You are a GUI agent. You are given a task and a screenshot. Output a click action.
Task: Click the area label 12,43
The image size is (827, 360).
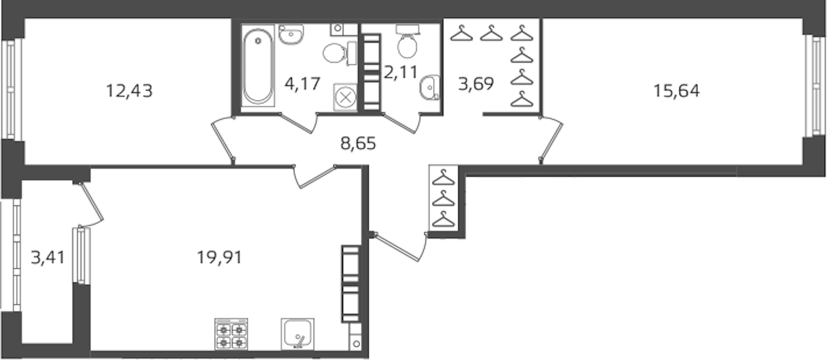pyautogui.click(x=129, y=91)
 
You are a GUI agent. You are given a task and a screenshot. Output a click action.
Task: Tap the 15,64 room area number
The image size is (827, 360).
pyautogui.click(x=676, y=91)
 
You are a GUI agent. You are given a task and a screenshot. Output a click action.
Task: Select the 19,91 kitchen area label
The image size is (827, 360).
pyautogui.click(x=219, y=257)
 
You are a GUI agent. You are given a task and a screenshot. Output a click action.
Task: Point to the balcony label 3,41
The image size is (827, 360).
pyautogui.click(x=48, y=257)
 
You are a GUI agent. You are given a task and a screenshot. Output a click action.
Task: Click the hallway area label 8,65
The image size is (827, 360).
pyautogui.click(x=358, y=143)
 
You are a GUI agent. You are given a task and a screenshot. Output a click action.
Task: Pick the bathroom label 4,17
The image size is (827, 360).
pyautogui.click(x=302, y=84)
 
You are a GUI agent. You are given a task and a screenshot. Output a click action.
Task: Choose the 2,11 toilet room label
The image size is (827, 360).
pyautogui.click(x=401, y=72)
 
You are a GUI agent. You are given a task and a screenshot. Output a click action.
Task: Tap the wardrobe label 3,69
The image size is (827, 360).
pyautogui.click(x=476, y=84)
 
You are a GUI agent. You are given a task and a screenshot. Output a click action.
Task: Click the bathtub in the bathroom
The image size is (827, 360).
pyautogui.click(x=258, y=66)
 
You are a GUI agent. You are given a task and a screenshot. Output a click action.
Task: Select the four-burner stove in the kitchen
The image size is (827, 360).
pyautogui.click(x=231, y=334)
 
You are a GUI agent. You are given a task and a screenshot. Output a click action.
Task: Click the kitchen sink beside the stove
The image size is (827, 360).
pyautogui.click(x=297, y=334)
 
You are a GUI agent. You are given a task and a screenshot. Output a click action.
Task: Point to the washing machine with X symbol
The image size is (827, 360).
pyautogui.click(x=345, y=97)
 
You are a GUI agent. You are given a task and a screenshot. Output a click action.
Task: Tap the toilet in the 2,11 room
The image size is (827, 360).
pyautogui.click(x=407, y=41)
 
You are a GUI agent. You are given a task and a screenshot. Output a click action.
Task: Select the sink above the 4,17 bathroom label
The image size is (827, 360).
pyautogui.click(x=291, y=34)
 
